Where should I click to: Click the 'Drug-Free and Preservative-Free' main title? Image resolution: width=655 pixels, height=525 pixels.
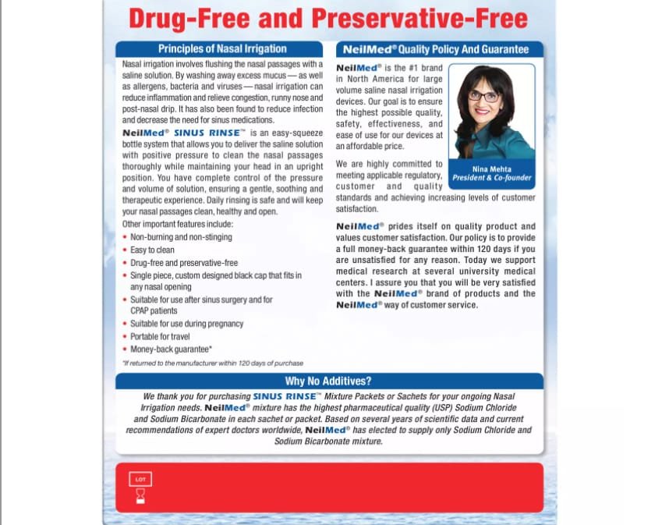327,19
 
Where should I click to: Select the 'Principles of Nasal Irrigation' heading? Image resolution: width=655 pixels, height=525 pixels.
222,48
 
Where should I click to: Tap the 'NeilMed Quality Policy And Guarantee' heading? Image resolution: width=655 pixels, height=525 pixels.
436,49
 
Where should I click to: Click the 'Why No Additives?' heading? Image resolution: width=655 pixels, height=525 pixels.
327,381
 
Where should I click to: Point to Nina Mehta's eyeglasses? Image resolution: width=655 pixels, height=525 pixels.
484,96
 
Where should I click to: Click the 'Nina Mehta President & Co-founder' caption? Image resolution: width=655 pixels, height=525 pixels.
492,173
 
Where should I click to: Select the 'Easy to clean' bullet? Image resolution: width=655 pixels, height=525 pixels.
152,250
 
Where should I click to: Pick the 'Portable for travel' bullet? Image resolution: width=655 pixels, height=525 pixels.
160,336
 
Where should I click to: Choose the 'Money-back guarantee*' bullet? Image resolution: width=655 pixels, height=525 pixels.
171,349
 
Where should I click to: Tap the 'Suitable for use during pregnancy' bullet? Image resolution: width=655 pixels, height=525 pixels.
186,324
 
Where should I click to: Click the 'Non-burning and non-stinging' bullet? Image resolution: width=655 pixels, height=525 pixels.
181,237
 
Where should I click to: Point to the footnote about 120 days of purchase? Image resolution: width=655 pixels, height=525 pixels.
212,363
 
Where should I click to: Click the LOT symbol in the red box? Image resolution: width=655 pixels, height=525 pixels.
140,479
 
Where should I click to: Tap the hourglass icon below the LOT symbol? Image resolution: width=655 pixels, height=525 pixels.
140,495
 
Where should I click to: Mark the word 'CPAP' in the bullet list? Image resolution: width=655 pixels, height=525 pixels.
140,310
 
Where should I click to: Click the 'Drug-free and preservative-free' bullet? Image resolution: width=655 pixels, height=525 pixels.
184,263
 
